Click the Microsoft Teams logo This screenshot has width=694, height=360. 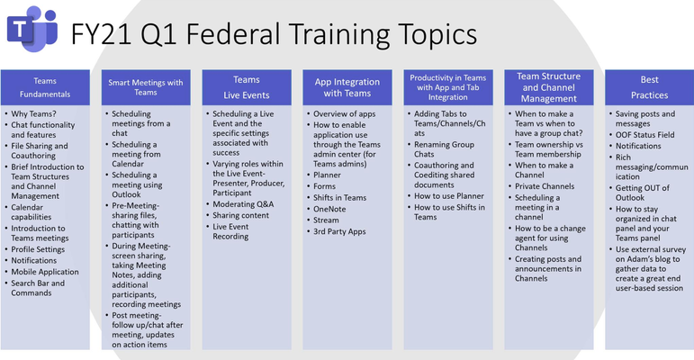point(32,29)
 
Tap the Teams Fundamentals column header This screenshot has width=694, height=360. point(45,87)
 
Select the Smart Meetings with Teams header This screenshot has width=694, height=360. point(146,87)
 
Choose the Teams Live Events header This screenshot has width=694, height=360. point(247,87)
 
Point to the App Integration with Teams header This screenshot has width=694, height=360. point(347,87)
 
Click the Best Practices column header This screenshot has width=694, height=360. point(649,87)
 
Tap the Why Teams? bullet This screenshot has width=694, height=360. point(33,113)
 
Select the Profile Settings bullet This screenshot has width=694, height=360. point(38,249)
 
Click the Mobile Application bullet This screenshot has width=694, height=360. point(45,272)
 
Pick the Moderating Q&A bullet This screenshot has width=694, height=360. point(243,204)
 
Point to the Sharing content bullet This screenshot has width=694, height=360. point(240,215)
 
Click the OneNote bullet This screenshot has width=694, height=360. point(329,209)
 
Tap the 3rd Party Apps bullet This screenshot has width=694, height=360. point(339,231)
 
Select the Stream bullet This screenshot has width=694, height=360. point(326,220)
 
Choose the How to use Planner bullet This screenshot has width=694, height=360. point(449,195)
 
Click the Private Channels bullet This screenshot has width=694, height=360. point(545,186)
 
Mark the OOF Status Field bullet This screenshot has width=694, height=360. point(644,135)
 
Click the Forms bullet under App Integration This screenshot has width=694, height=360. point(324,186)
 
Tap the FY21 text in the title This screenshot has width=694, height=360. point(102,34)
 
